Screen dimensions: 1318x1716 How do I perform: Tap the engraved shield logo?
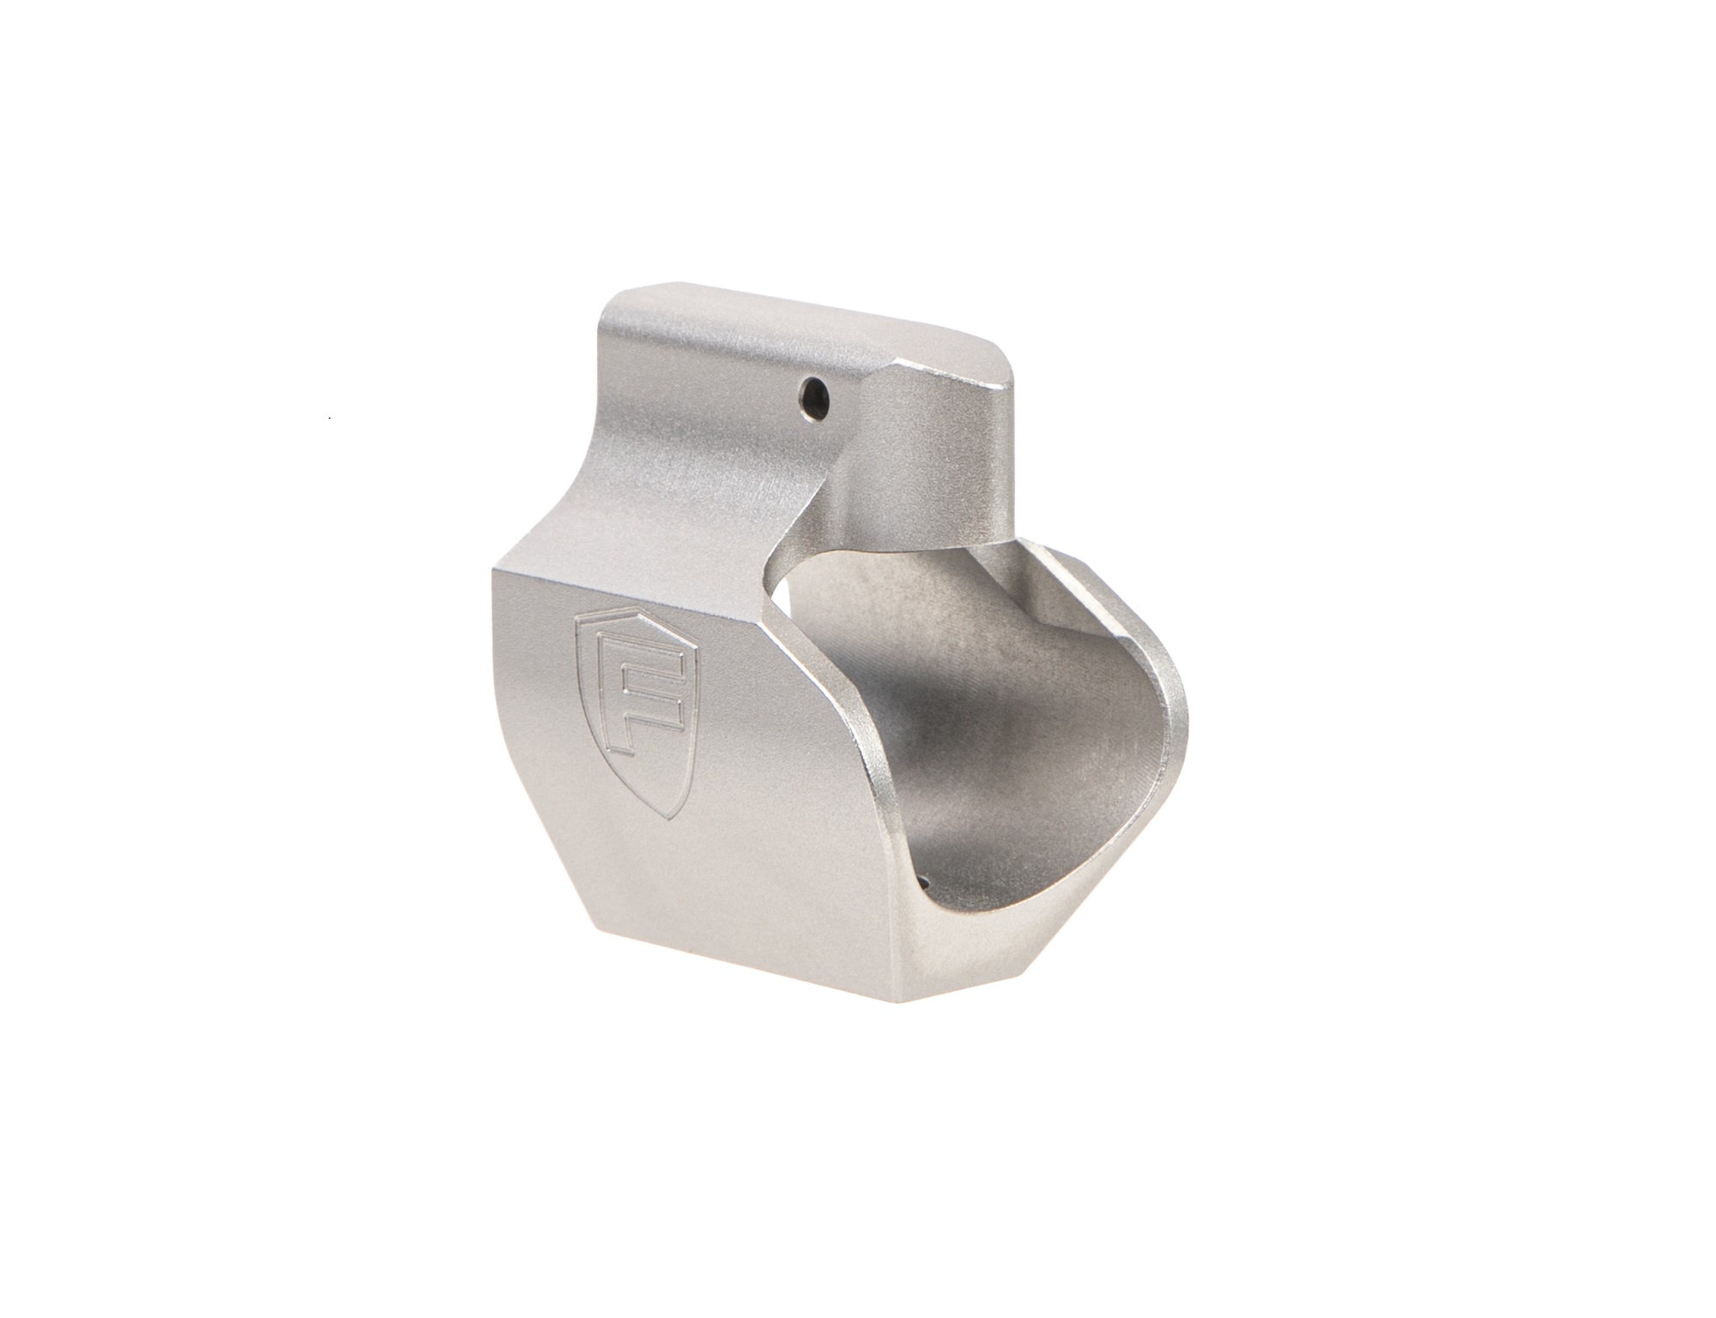tap(637, 670)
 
